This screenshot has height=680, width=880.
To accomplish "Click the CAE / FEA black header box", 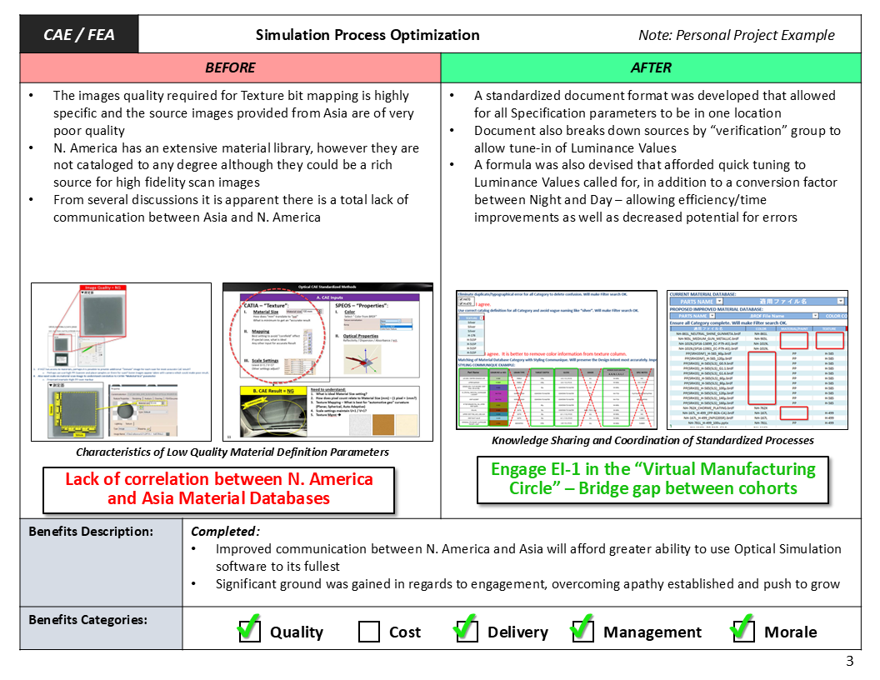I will (79, 35).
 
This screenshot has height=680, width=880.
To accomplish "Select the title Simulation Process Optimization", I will (367, 35).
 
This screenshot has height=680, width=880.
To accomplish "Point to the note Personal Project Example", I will (736, 35).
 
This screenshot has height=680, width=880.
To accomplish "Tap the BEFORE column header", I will (230, 67).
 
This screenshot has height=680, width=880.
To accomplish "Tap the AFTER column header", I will (651, 67).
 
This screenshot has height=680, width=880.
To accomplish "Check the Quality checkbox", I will (249, 631).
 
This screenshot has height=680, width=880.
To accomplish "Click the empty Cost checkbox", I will (369, 632).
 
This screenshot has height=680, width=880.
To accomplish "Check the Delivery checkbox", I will (467, 631).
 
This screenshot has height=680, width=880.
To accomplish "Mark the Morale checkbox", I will (742, 631).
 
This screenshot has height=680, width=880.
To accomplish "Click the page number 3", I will (850, 662).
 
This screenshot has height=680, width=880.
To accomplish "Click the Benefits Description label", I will (91, 531).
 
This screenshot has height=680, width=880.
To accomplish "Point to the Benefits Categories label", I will (87, 620).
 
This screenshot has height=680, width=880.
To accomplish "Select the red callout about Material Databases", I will (218, 489).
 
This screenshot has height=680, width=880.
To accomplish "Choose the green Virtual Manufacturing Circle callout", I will (652, 478).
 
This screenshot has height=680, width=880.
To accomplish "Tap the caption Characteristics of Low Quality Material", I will (232, 452).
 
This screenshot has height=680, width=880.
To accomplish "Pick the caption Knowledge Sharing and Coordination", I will (652, 440).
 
